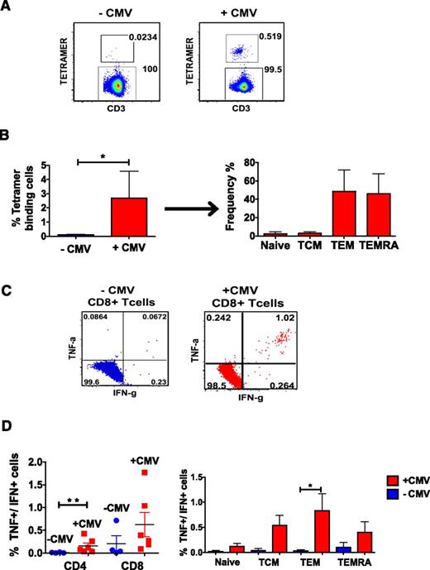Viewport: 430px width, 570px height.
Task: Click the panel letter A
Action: tap(7, 7)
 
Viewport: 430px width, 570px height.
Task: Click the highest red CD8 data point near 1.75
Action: tap(146, 472)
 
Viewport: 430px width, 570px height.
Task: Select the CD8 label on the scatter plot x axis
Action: tap(136, 541)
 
